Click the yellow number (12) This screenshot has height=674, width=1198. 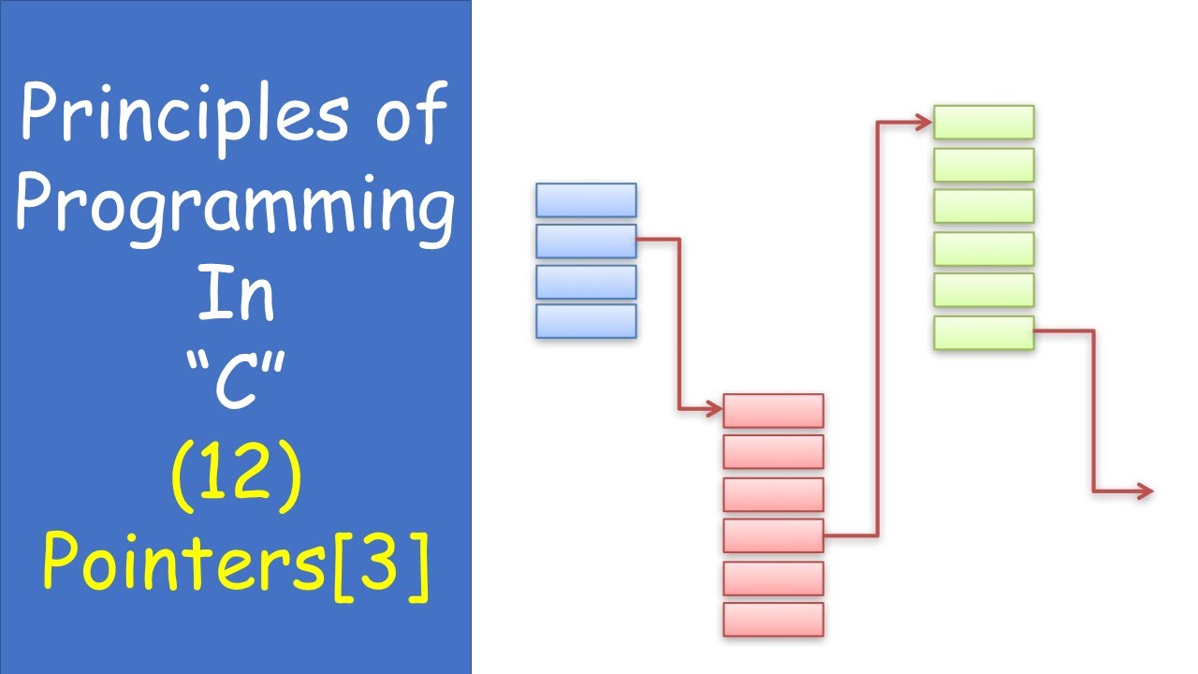[x=236, y=477]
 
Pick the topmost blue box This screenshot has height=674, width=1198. [x=586, y=200]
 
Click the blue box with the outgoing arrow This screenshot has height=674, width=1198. [x=586, y=241]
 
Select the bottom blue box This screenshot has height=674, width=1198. [x=586, y=321]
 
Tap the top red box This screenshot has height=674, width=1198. [x=773, y=411]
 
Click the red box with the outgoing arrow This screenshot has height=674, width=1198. [x=773, y=535]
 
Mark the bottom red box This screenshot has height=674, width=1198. [x=773, y=619]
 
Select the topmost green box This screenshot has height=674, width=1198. [x=984, y=122]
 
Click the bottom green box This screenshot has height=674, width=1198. [x=984, y=332]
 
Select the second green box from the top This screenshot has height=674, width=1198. [x=984, y=165]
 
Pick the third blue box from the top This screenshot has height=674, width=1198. [x=586, y=282]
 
